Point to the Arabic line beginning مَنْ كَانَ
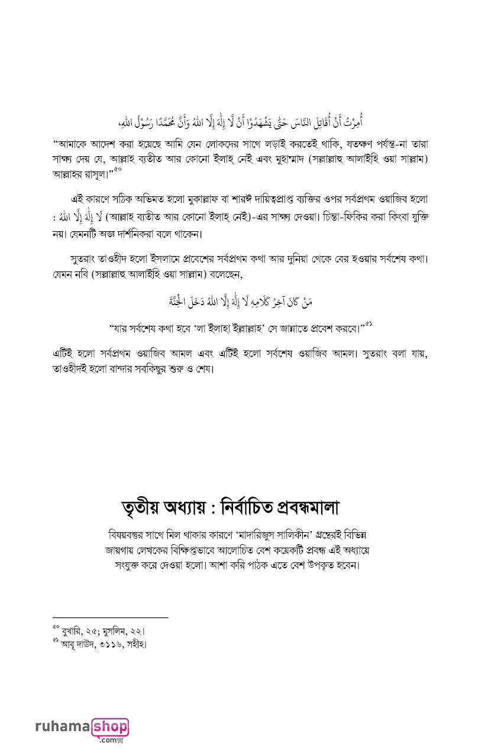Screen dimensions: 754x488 point(243,302)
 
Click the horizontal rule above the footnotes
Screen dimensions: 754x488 point(110,618)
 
